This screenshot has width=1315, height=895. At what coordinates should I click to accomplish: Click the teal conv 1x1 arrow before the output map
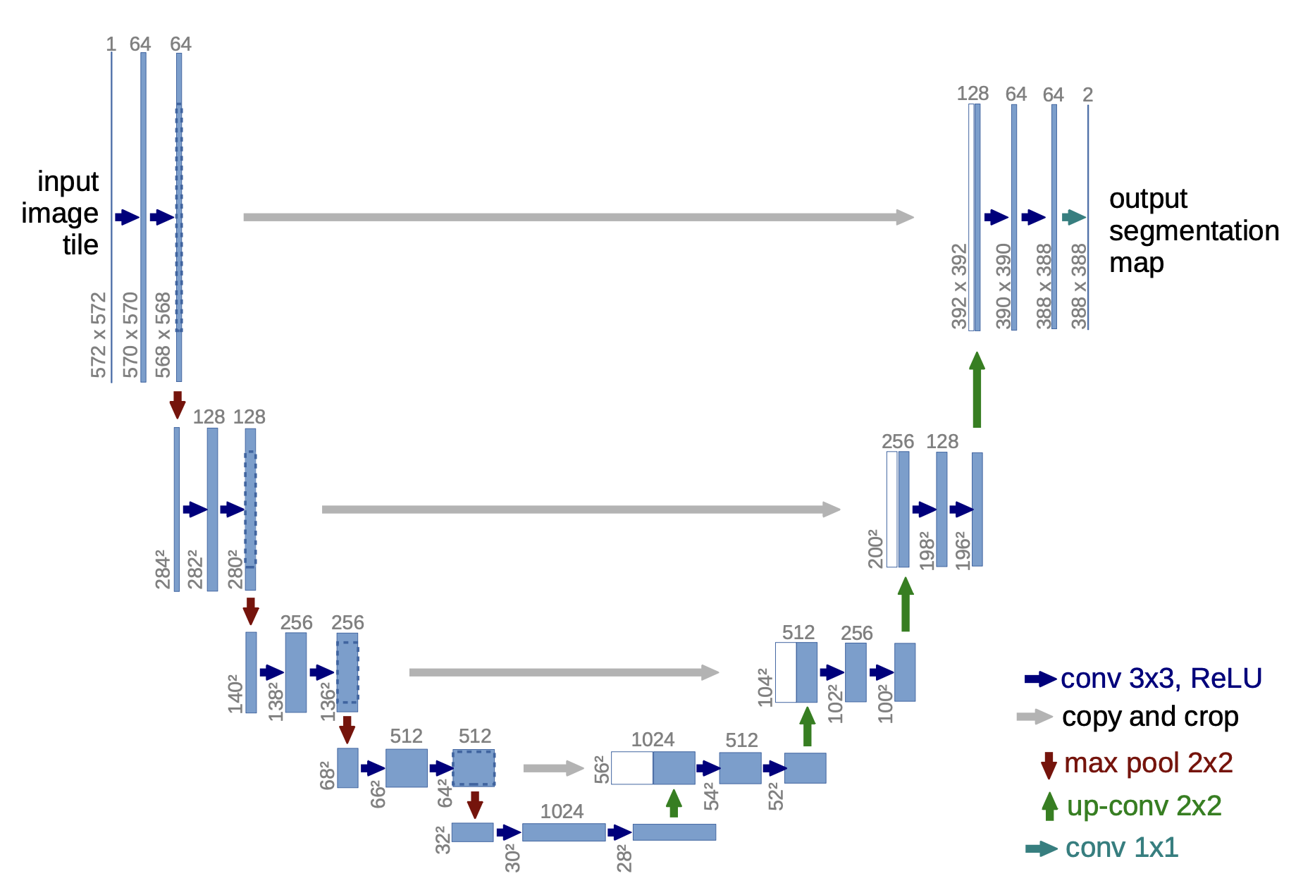pyautogui.click(x=1073, y=217)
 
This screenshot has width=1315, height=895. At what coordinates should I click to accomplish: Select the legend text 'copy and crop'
pyautogui.click(x=1150, y=717)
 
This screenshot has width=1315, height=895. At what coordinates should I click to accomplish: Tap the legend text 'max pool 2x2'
pyautogui.click(x=1148, y=763)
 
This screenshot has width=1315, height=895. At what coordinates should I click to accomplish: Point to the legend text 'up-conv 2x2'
pyautogui.click(x=1144, y=805)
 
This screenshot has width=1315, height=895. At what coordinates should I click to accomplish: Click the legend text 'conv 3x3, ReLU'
pyautogui.click(x=1161, y=678)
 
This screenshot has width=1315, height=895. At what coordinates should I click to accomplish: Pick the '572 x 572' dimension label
pyautogui.click(x=99, y=335)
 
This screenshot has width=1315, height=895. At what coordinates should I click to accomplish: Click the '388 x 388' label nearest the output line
pyautogui.click(x=1079, y=286)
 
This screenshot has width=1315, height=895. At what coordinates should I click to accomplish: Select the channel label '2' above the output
pyautogui.click(x=1087, y=94)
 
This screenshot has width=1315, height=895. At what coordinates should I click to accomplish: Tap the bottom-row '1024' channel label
pyautogui.click(x=562, y=812)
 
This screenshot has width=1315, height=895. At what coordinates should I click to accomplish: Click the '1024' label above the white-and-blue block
pyautogui.click(x=653, y=739)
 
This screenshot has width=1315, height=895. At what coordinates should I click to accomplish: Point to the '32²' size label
pyautogui.click(x=443, y=840)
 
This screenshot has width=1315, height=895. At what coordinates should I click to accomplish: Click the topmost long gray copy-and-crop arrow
pyautogui.click(x=578, y=217)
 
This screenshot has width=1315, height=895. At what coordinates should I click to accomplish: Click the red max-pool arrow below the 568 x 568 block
pyautogui.click(x=178, y=405)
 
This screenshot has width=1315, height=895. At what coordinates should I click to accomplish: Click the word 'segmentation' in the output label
pyautogui.click(x=1194, y=231)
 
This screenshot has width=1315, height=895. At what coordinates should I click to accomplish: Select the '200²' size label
pyautogui.click(x=875, y=548)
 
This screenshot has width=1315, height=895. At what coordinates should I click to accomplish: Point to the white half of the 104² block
pyautogui.click(x=786, y=672)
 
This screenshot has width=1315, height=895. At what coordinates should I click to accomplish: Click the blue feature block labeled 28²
pyautogui.click(x=674, y=832)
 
